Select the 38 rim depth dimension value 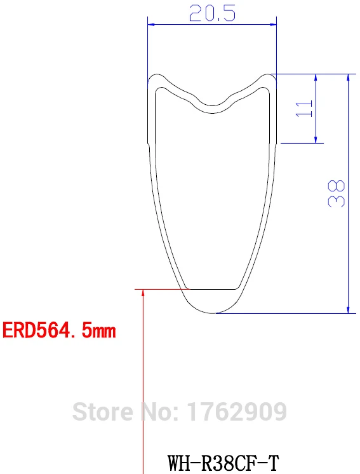(337, 193)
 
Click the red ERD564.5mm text (59, 331)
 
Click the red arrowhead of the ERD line (144, 293)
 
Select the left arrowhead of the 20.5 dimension (151, 25)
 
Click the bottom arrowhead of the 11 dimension (316, 139)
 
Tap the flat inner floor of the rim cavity (212, 288)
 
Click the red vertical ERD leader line (144, 381)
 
